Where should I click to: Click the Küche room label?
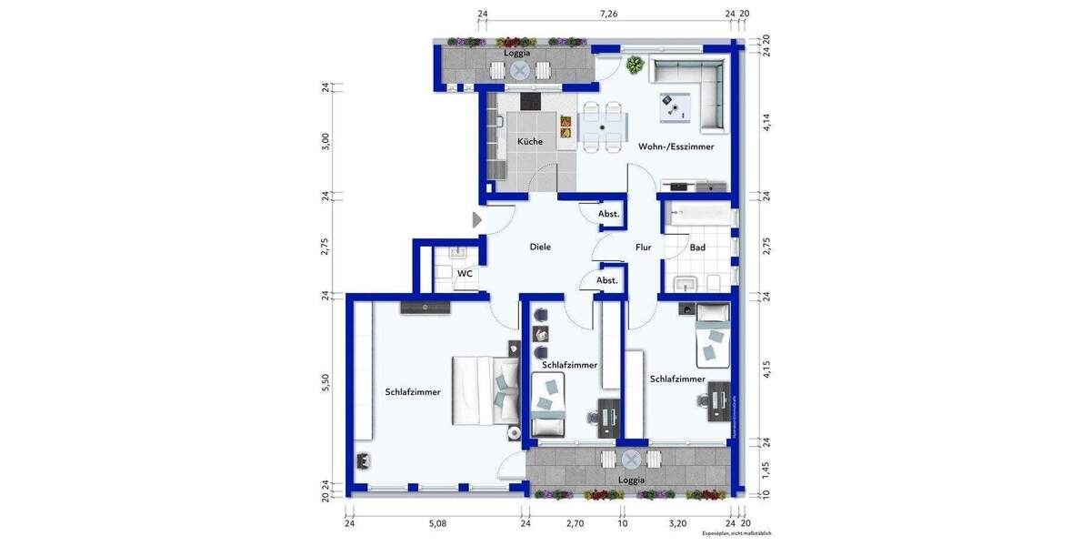point(530,142)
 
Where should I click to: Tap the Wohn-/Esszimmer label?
point(676,147)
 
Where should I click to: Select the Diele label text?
point(541,247)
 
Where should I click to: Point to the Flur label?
point(643,247)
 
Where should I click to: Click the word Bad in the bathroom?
point(697,248)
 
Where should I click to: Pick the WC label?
point(465,273)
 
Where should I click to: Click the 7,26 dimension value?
point(608,14)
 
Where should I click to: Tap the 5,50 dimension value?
point(325,383)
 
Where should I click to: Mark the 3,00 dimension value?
point(325,142)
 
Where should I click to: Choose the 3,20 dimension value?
point(677,525)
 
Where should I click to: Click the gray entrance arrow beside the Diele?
point(477,219)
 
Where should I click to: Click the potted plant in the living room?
point(635,65)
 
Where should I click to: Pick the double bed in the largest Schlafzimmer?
point(483,390)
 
